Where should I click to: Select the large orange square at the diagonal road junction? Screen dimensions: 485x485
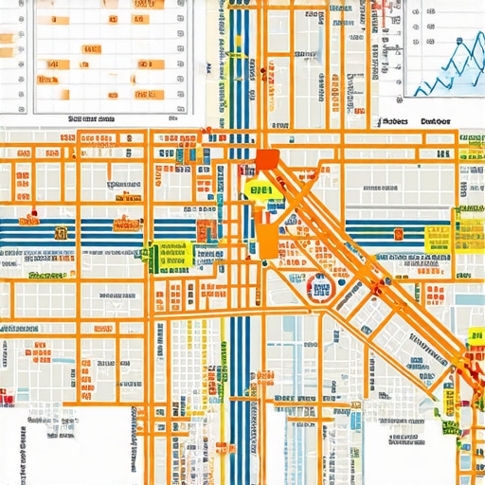click(268, 160)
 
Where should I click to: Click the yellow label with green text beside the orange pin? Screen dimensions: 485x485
click(260, 190)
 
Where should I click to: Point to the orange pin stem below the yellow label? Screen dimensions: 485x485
click(268, 232)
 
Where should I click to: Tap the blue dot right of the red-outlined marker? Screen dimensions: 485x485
click(341, 280)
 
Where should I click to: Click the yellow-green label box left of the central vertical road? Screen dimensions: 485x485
click(171, 253)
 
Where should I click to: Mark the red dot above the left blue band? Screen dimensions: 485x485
click(34, 212)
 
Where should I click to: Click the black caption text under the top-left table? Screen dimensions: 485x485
click(92, 119)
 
